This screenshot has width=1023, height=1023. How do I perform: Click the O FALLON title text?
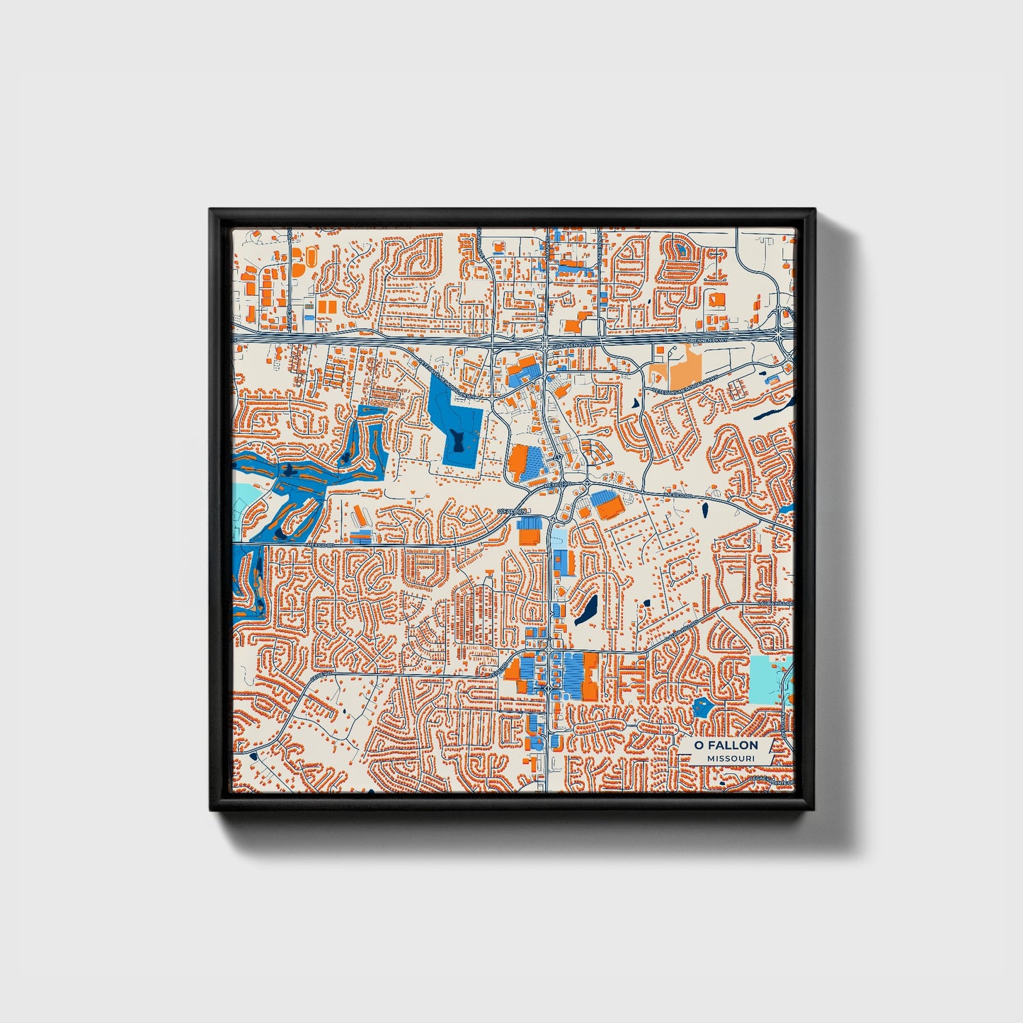click(726, 745)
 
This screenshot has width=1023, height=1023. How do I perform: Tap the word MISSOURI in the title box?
click(730, 758)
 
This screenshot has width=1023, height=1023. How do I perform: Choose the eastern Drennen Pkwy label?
click(707, 342)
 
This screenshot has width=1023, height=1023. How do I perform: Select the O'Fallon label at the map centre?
click(512, 510)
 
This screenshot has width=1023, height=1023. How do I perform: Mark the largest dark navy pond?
click(586, 610)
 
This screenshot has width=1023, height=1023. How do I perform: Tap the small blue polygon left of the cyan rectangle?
click(702, 706)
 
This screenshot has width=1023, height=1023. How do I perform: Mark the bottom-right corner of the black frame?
click(815, 810)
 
